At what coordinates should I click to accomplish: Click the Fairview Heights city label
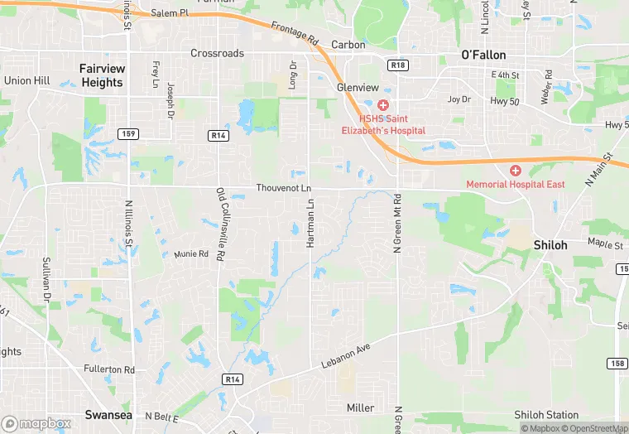102,75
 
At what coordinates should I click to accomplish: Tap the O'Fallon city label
483,55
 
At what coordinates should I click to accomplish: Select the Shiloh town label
550,245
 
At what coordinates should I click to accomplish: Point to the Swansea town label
108,414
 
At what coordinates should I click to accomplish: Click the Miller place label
361,407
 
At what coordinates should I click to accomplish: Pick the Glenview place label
358,88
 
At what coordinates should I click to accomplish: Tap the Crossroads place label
218,53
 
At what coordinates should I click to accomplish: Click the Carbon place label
348,45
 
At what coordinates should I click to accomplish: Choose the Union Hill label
27,80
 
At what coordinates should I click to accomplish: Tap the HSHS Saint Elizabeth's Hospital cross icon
382,105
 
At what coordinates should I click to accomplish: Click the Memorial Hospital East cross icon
515,170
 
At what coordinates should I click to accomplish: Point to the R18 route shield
399,64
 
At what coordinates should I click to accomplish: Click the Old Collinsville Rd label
221,225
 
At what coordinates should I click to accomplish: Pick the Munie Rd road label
191,253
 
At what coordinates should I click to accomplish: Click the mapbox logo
36,424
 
